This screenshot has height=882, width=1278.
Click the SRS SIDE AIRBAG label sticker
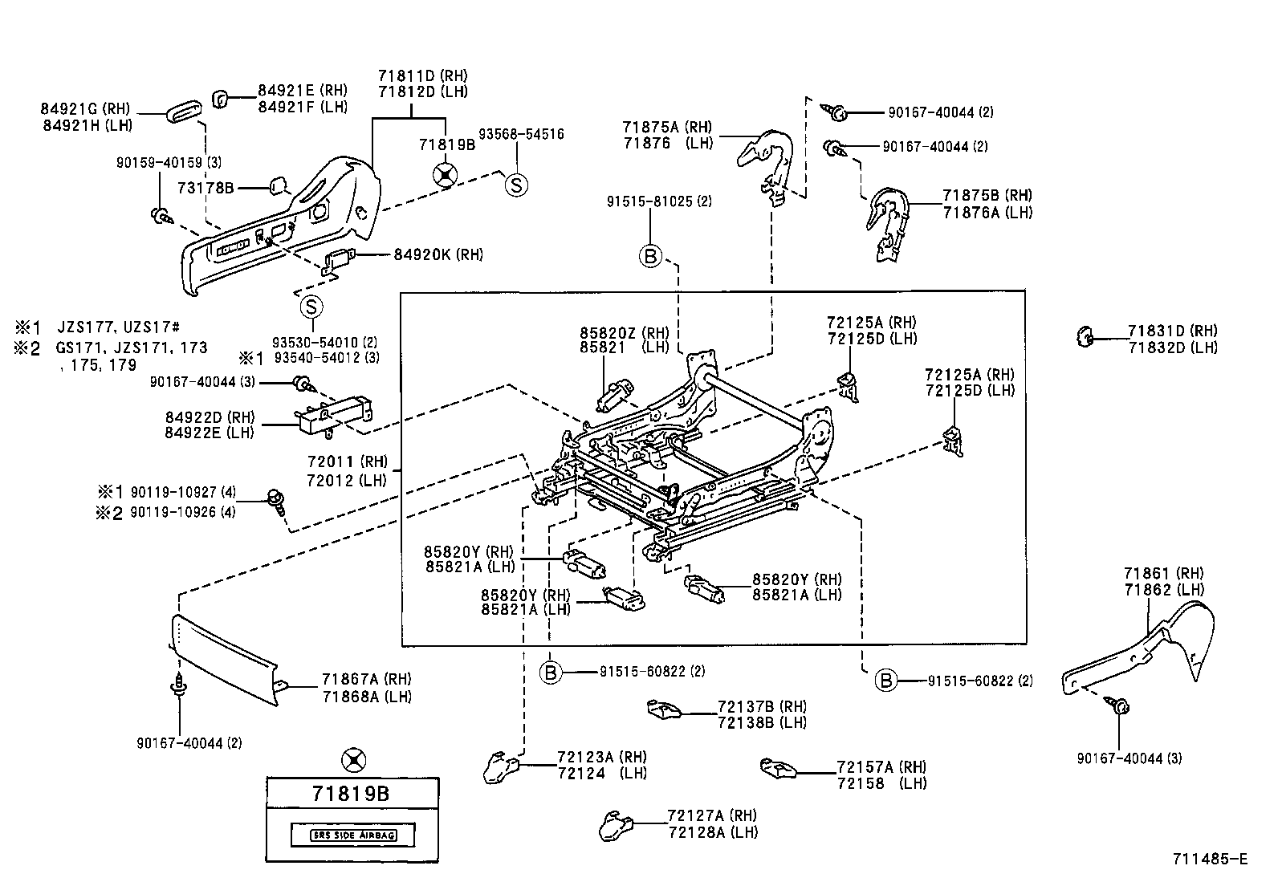(x=352, y=835)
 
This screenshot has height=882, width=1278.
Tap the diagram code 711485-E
(x=1210, y=859)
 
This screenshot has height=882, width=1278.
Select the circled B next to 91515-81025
(x=650, y=256)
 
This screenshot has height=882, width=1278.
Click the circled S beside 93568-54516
(x=516, y=185)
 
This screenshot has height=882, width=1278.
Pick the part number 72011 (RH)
(x=347, y=462)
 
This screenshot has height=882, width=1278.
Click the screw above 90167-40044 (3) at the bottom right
(x=1120, y=706)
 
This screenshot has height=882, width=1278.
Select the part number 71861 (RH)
(x=1164, y=573)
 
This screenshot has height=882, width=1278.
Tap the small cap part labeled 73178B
(x=278, y=187)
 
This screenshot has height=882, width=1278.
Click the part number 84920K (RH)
(x=438, y=254)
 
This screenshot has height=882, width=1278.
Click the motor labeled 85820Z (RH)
(x=614, y=395)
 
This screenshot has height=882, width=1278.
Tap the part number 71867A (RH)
(x=366, y=679)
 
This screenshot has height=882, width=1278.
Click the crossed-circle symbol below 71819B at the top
(x=445, y=174)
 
